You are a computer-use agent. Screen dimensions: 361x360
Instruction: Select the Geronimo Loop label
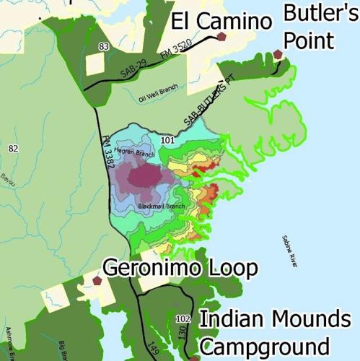tap(180, 269)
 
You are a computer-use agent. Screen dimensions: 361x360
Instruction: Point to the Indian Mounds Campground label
tap(275, 331)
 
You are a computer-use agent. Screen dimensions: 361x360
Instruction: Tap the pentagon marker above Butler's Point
tap(278, 53)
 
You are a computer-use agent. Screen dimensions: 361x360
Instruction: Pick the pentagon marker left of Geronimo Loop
tap(97, 280)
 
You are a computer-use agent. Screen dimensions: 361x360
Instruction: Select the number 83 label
tap(104, 47)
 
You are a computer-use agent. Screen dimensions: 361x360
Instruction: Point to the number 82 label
tap(12, 149)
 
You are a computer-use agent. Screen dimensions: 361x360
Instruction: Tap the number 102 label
tap(182, 318)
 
